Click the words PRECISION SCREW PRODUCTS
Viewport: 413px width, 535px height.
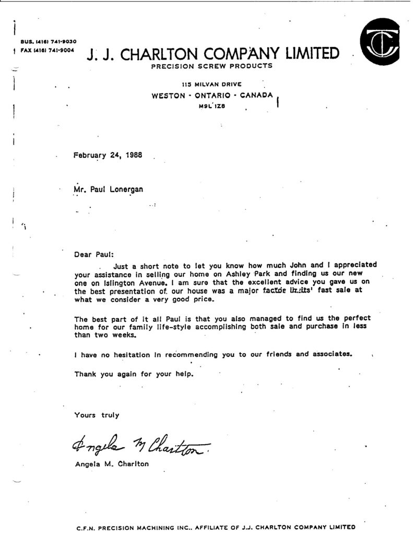click(x=211, y=66)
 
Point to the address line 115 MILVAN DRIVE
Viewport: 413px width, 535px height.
click(x=211, y=85)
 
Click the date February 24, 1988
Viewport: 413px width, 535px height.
click(x=108, y=155)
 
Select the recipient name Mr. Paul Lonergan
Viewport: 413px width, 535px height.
click(x=109, y=189)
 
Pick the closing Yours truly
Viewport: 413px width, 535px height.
click(x=97, y=415)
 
